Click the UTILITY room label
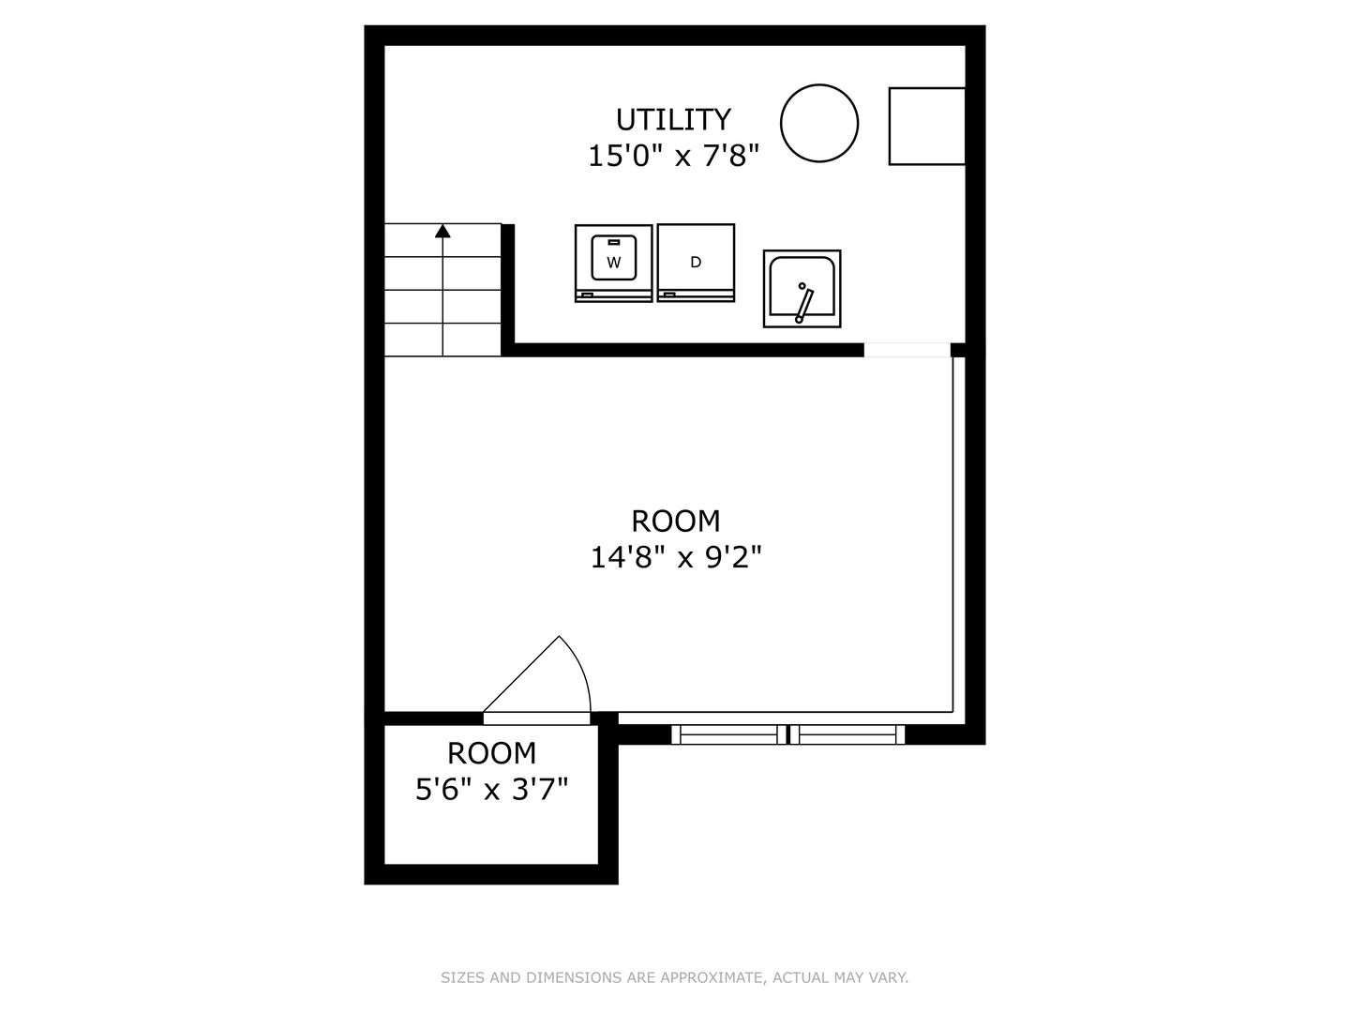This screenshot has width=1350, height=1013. point(673,120)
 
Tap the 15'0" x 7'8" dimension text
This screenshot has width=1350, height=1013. point(673,156)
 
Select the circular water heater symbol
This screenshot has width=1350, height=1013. point(819,123)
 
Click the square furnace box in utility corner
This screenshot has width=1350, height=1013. point(926,126)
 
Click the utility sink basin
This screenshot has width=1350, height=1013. point(802,288)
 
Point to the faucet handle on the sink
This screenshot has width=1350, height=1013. point(804,303)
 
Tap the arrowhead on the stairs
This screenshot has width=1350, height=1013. point(442,231)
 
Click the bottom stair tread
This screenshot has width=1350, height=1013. point(442,340)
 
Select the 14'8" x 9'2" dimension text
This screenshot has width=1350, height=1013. point(675,558)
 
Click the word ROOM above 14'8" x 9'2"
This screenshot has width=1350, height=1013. point(675,521)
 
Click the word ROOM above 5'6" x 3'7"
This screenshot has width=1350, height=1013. point(491,753)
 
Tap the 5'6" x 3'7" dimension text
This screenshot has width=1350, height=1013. point(491,790)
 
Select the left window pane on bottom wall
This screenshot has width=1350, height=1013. point(729,734)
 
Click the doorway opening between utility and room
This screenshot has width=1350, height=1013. point(907,350)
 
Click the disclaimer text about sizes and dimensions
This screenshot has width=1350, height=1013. point(674,977)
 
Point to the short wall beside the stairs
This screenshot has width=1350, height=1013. point(508,286)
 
